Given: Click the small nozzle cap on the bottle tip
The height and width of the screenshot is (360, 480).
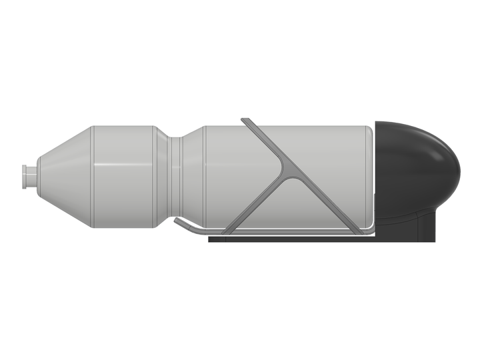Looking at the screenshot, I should point(29,176).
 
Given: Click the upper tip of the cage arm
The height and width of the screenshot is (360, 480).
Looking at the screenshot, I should point(245,121).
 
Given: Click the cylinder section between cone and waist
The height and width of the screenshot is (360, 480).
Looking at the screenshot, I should point(123,176).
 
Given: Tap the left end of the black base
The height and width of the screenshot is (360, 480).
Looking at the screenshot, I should point(212,238).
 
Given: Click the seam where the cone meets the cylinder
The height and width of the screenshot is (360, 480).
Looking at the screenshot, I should point(93,176).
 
